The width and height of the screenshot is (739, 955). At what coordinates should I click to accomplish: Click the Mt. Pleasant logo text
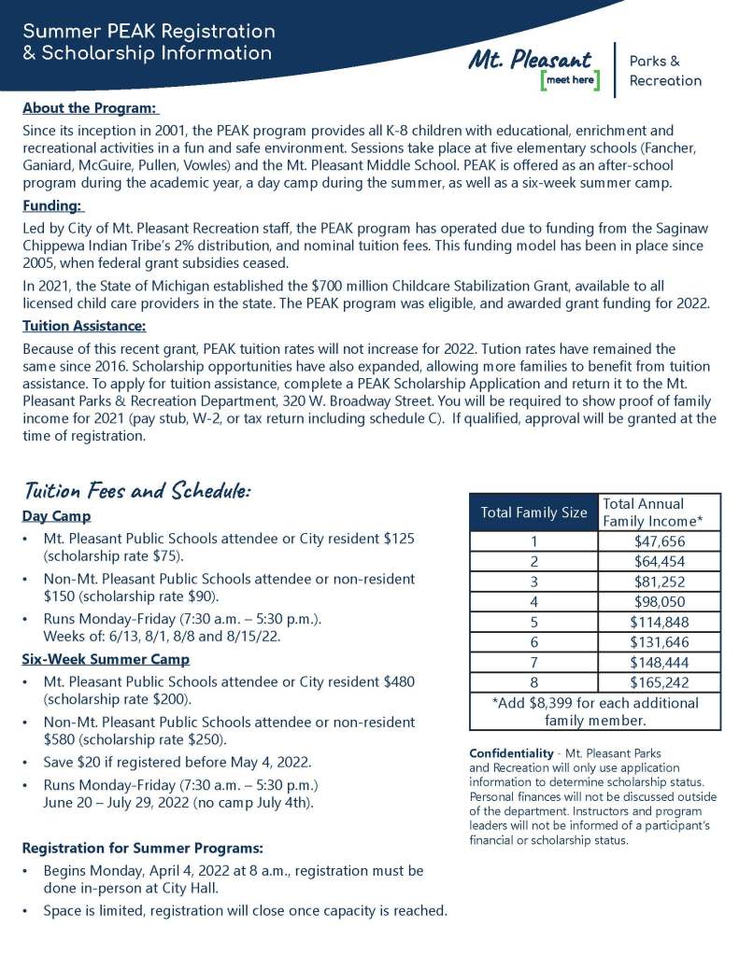pos(531,60)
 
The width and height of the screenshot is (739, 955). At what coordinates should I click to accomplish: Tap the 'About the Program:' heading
pos(90,107)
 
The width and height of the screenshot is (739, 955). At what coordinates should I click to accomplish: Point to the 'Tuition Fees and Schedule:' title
pos(136,491)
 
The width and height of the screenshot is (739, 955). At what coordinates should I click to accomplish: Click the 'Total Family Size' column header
pos(533,512)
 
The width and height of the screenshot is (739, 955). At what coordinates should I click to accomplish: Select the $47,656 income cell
pos(660,541)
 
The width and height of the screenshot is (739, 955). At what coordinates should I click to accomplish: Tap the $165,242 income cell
pos(660,681)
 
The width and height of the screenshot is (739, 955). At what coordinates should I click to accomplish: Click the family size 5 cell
pos(533,622)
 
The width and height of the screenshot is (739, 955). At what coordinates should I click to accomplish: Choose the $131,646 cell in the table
pos(660,641)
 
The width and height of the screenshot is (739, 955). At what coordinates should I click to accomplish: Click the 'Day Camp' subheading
pos(56,516)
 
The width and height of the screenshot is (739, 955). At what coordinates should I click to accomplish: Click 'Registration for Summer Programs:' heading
pos(142,849)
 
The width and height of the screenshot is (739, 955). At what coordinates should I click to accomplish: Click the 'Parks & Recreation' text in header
pos(665,71)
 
